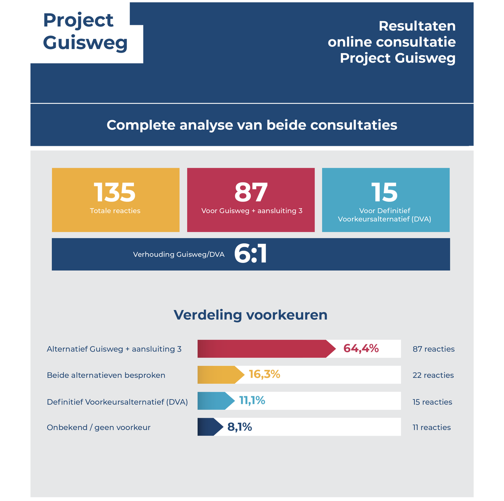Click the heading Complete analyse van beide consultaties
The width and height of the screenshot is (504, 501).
pyautogui.click(x=252, y=125)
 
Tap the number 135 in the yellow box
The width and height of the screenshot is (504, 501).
pyautogui.click(x=115, y=192)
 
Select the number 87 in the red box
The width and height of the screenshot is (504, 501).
pyautogui.click(x=251, y=192)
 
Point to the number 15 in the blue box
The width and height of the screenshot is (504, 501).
pyautogui.click(x=384, y=192)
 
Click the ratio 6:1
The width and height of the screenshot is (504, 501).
pyautogui.click(x=250, y=254)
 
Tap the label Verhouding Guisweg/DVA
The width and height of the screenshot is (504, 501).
pyautogui.click(x=179, y=254)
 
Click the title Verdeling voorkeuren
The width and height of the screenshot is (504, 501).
pyautogui.click(x=250, y=315)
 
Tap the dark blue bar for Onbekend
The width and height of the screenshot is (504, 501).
pyautogui.click(x=209, y=427)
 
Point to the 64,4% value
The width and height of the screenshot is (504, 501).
pyautogui.click(x=361, y=349)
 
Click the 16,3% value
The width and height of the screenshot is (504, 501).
pyautogui.click(x=264, y=375)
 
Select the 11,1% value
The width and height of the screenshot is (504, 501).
pyautogui.click(x=252, y=401)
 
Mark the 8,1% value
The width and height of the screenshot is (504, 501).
pyautogui.click(x=240, y=427)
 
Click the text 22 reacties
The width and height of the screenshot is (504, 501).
pyautogui.click(x=433, y=375)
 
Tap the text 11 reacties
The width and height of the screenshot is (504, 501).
pyautogui.click(x=431, y=427)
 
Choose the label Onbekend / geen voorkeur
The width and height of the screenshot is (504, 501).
pyautogui.click(x=99, y=427)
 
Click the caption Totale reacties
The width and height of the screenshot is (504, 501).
pyautogui.click(x=115, y=211)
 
